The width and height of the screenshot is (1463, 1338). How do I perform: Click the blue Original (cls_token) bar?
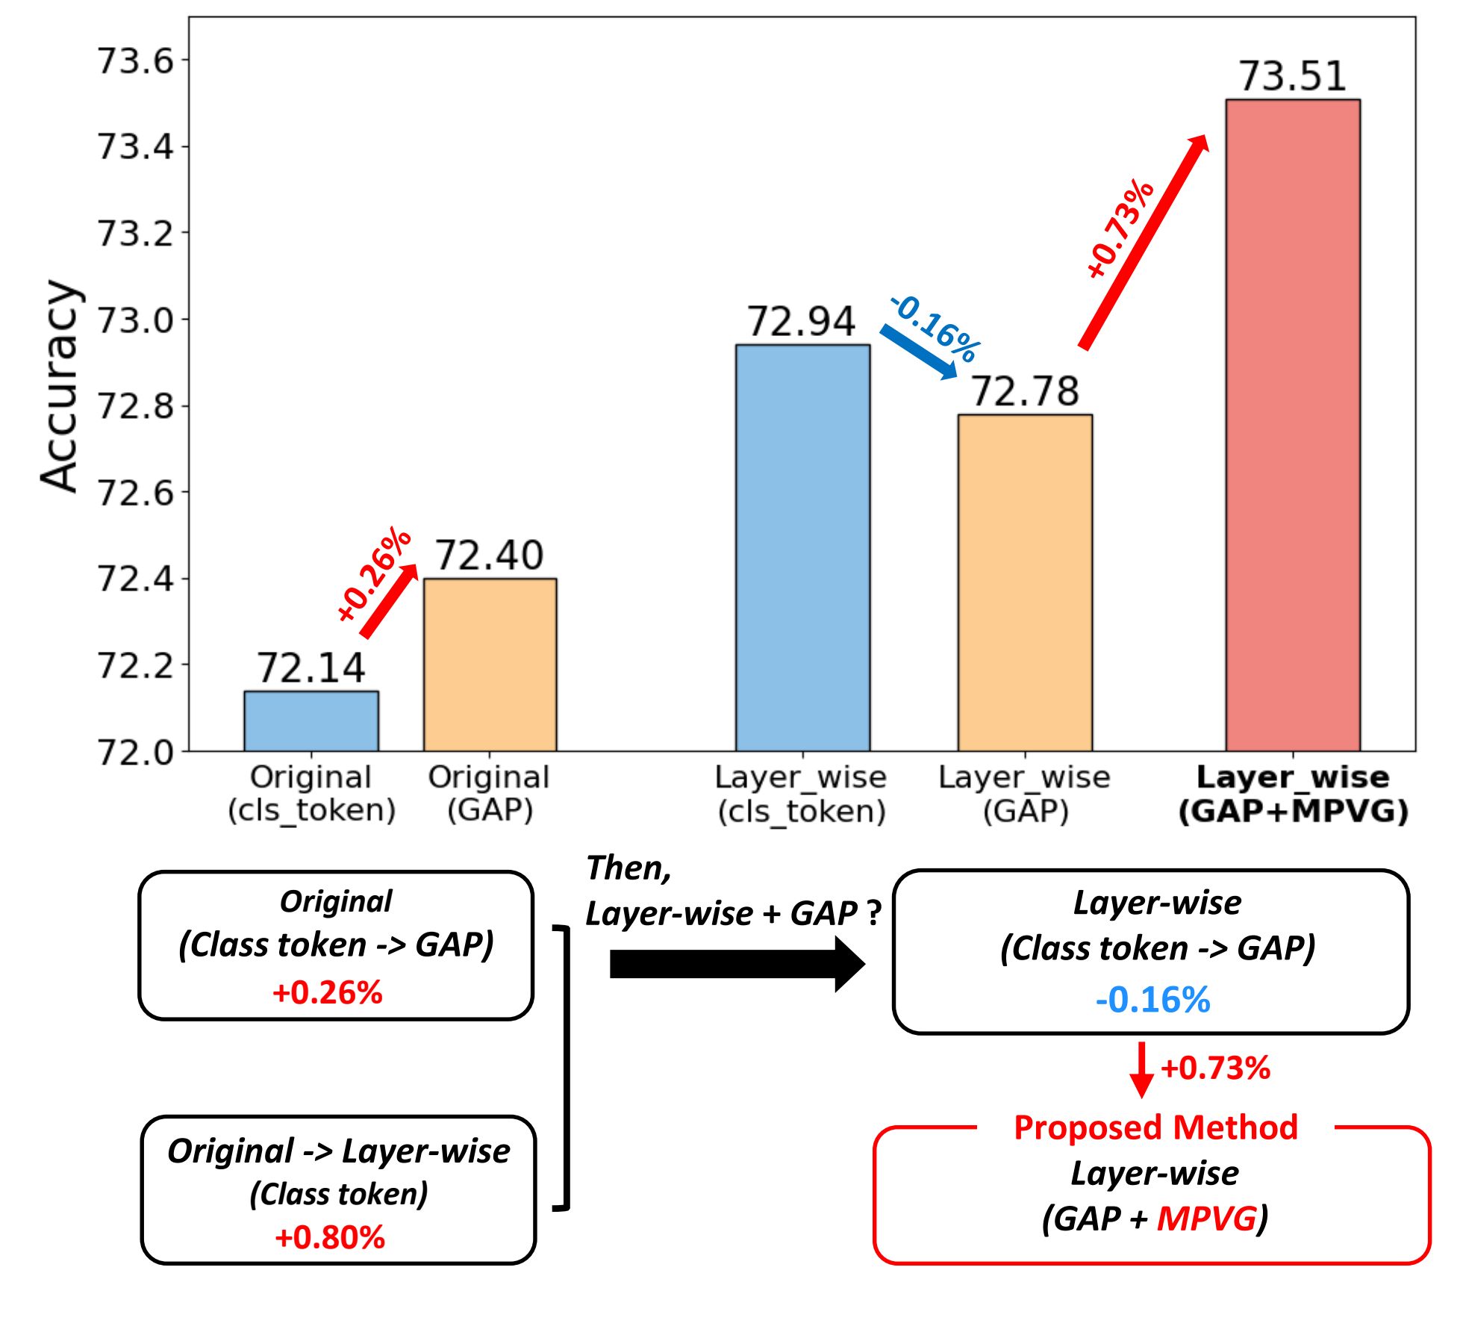(311, 721)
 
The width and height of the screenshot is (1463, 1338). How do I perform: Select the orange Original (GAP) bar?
(490, 665)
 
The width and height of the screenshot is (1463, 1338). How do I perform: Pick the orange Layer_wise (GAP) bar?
(1025, 582)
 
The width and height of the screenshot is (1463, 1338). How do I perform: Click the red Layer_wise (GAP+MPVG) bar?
(1292, 425)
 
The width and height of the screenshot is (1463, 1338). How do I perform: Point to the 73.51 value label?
(1292, 76)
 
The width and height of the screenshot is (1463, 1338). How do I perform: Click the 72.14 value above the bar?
(311, 668)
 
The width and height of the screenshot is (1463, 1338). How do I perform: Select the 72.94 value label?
(802, 322)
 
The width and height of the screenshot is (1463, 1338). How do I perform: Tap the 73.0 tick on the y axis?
(135, 320)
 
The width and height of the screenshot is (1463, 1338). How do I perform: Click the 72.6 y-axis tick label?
(135, 493)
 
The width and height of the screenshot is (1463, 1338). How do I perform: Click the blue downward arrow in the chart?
(919, 351)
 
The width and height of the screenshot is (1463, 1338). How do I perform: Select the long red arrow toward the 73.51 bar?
(1142, 242)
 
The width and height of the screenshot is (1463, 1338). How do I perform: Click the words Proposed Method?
(1155, 1127)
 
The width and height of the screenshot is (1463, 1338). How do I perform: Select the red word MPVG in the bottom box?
(1205, 1219)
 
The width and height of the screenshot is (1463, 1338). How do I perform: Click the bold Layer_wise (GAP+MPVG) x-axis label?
(1292, 794)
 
